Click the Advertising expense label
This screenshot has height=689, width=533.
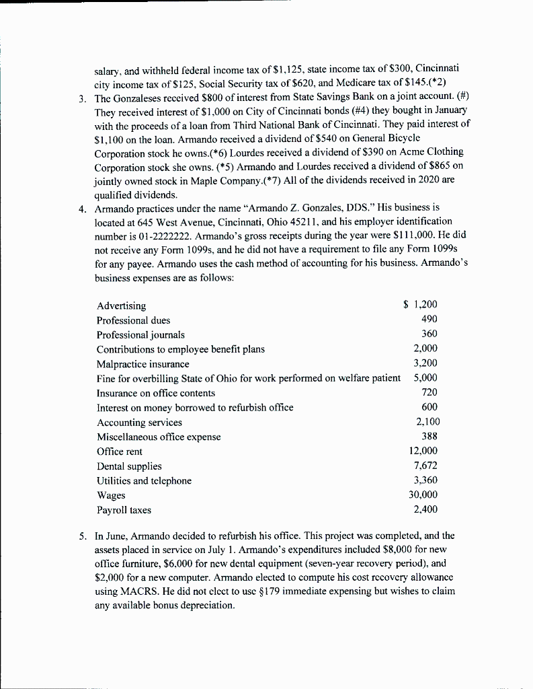pos(121,306)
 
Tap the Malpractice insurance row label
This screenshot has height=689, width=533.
pos(142,364)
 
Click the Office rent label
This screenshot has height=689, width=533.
pos(119,451)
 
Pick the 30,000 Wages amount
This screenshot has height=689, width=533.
pos(423,495)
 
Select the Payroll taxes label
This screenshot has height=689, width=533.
pos(124,510)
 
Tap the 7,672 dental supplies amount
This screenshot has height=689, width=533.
pos(425,466)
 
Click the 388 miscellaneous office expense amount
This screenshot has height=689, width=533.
pos(429,437)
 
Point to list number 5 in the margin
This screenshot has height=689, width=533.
pos(81,536)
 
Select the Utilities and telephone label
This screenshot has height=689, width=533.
pos(144,480)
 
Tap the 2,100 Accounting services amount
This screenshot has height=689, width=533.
pos(425,422)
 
